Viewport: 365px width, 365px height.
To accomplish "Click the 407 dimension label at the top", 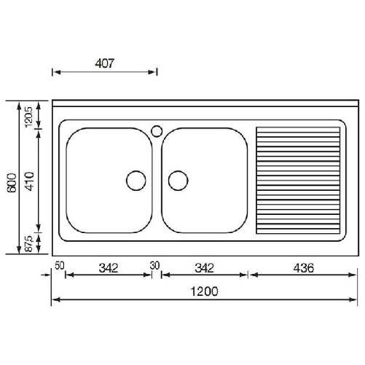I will pyautogui.click(x=104, y=63).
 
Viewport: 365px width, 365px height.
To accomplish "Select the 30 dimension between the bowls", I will pyautogui.click(x=154, y=267).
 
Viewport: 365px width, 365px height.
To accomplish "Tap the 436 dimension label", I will pyautogui.click(x=305, y=267).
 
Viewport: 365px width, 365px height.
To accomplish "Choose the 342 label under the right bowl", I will pyautogui.click(x=205, y=267).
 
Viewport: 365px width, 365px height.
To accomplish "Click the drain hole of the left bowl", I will pyautogui.click(x=136, y=179).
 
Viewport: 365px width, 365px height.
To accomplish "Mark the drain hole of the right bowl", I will pyautogui.click(x=178, y=179).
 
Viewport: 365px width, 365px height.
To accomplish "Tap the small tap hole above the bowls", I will pyautogui.click(x=157, y=131).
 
